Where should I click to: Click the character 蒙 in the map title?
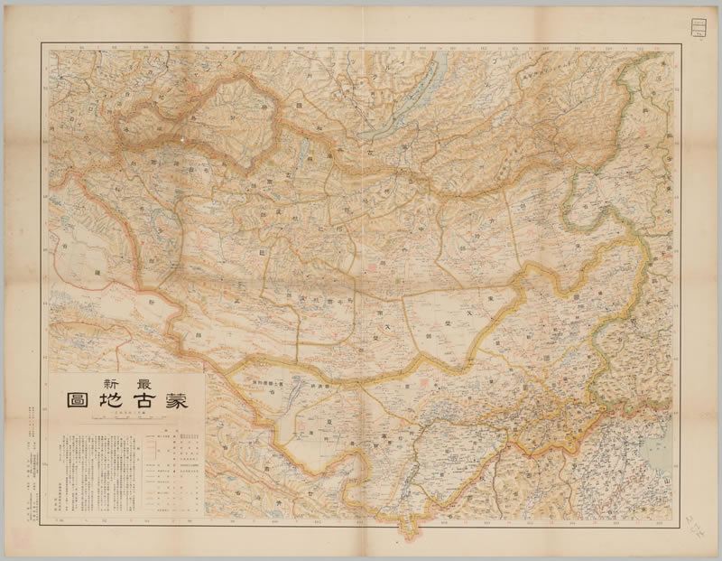tap(172, 402)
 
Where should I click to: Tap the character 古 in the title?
tap(138, 402)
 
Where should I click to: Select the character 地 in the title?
tap(105, 402)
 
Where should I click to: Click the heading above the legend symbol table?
tap(172, 432)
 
